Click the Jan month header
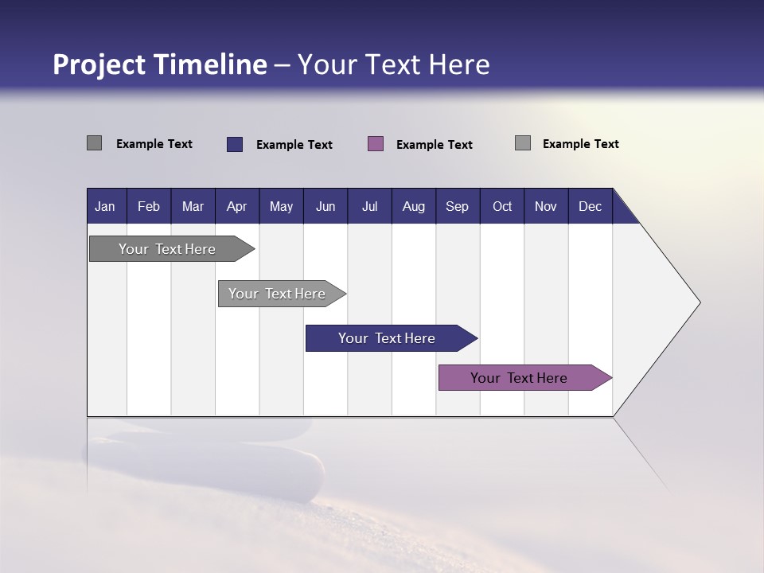[105, 206]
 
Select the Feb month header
[149, 206]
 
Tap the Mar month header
[193, 206]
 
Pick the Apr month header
[236, 206]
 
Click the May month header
[281, 206]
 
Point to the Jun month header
[325, 206]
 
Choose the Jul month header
[369, 206]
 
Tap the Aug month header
[414, 206]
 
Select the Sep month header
[457, 206]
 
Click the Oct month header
[502, 206]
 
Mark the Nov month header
[546, 206]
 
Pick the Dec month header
[590, 206]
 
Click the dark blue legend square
[235, 144]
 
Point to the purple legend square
[376, 144]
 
